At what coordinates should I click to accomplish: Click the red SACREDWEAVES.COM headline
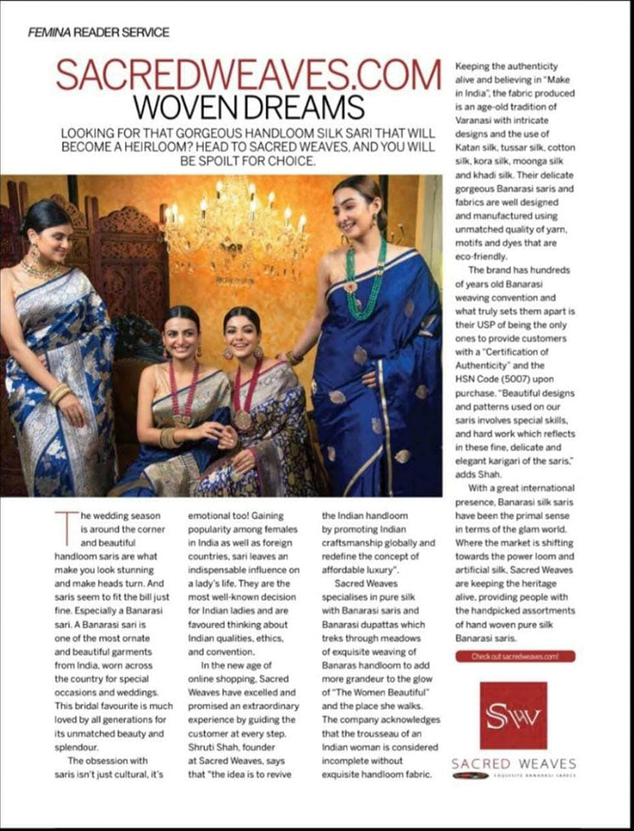coord(248,75)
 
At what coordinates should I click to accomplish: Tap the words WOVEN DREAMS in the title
coord(248,108)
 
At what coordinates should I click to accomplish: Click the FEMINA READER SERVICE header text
coord(99,32)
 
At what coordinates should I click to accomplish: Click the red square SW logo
coord(513,715)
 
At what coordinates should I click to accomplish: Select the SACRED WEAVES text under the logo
coord(513,763)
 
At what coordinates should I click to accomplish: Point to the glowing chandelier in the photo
coord(234,223)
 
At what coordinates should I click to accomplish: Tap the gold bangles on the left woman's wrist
coord(59,393)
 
